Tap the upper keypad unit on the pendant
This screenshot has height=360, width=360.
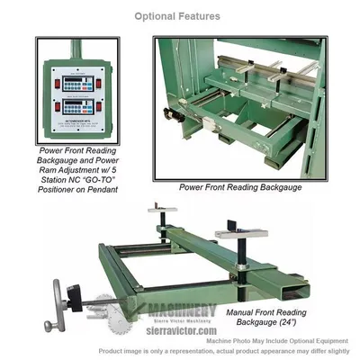(74, 78)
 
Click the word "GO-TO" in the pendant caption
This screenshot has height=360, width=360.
(102, 179)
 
